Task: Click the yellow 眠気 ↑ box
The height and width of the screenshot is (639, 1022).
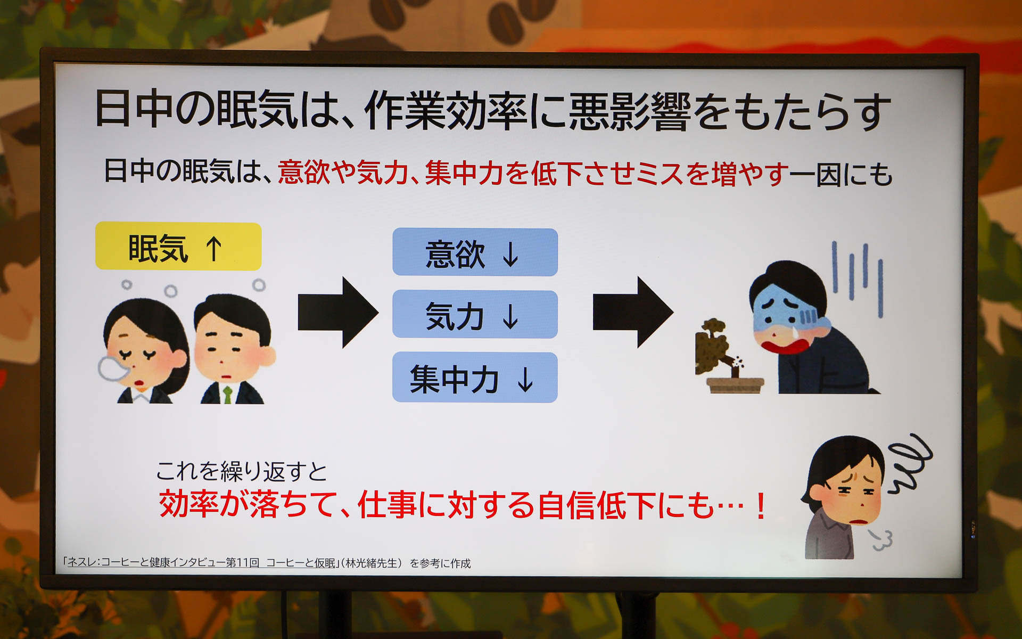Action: coord(178,247)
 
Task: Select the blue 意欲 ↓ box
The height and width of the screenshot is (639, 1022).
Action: coord(475,252)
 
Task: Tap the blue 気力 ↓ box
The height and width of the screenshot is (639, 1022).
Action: coord(475,315)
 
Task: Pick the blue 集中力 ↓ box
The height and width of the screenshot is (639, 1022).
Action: coord(475,378)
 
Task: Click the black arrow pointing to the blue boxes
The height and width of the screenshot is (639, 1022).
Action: coord(338,312)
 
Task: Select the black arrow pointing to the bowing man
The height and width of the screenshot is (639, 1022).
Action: coord(633,312)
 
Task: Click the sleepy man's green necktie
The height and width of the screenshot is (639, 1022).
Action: coord(227,394)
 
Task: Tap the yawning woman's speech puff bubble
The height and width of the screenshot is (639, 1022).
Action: coord(111,367)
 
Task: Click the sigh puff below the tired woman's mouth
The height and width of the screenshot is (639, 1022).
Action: coord(881,540)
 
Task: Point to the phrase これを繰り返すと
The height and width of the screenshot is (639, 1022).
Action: coord(241,471)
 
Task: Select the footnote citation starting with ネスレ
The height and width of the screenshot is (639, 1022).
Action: coord(266,563)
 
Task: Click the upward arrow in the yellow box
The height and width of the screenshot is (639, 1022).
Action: coord(214,249)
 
